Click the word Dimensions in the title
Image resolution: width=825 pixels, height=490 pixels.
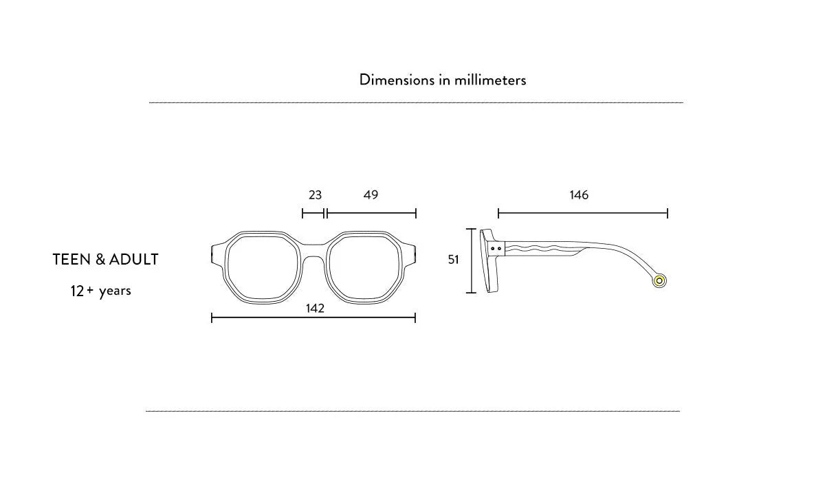point(397,80)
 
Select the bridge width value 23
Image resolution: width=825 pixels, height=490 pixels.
point(316,194)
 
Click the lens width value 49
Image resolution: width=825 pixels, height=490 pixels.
point(371,194)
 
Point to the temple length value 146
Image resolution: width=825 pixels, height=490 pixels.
point(579,194)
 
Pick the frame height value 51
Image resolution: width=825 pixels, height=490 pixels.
point(453,260)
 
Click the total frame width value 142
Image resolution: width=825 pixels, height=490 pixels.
point(315,308)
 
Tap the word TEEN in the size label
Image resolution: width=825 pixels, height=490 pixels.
point(71,260)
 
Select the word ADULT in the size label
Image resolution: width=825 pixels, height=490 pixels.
point(134,260)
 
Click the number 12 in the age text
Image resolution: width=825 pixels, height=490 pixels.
point(77,291)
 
